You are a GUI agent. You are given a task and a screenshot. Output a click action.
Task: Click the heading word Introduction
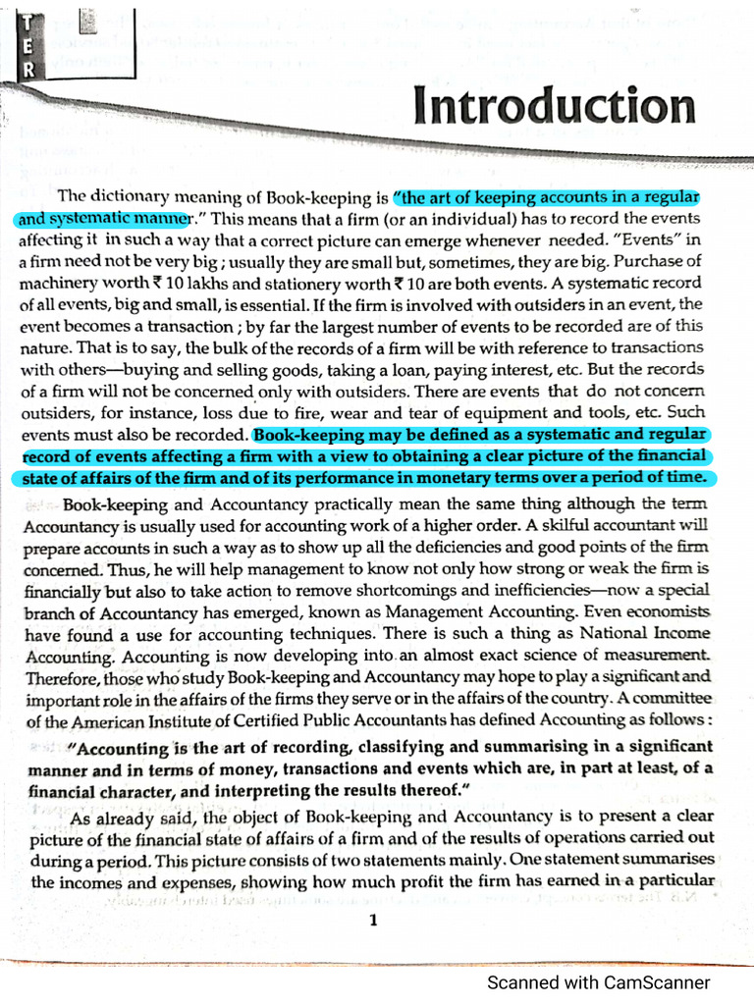555,106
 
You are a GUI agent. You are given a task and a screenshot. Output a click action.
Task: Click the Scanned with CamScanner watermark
599,982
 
